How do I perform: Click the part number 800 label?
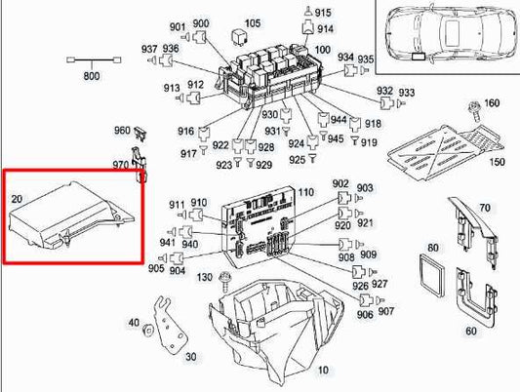coord(93,76)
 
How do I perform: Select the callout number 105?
coord(252,22)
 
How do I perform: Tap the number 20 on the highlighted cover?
coord(17,200)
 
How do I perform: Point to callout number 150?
coord(497,161)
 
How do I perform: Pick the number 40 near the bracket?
coord(134,323)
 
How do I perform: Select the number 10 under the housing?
coord(323,370)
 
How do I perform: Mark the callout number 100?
coord(322,50)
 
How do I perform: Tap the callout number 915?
coord(323,12)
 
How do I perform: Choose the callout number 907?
coord(386,312)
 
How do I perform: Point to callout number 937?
coord(148,49)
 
